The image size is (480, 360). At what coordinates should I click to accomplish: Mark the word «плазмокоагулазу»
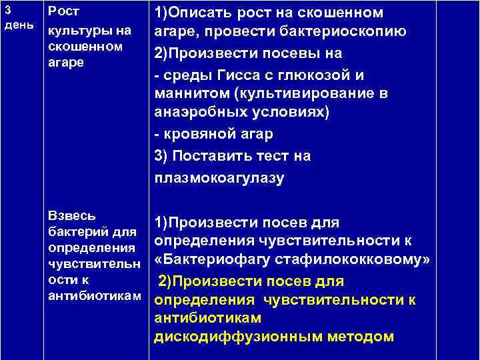tap(219, 177)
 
